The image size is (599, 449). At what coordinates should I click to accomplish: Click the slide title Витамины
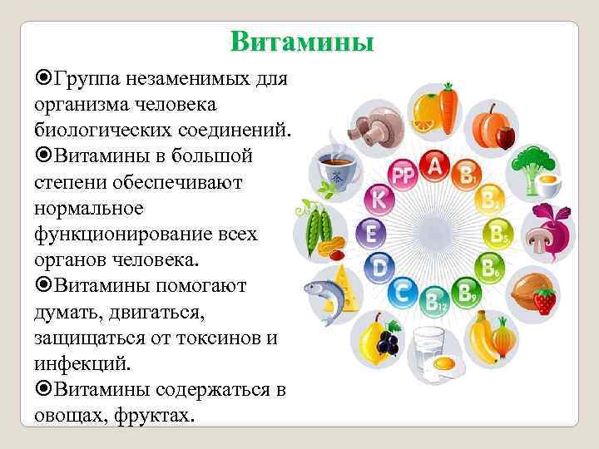pos(302,42)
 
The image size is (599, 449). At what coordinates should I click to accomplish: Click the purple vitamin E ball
pos(371,234)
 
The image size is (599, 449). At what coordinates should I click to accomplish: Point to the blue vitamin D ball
pos(379,268)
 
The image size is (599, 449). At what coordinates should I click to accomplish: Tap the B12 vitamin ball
pos(435,301)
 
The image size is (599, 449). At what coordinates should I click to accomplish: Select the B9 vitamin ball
pos(464,293)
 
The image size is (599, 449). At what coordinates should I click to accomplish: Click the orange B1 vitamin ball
pos(465,175)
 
